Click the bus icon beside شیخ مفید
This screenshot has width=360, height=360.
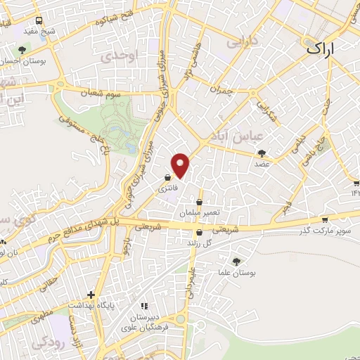coord(38,20)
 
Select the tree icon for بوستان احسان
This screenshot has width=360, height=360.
coord(23,50)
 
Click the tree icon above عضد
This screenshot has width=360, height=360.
coord(262,153)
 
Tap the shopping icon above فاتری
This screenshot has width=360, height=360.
coord(167,178)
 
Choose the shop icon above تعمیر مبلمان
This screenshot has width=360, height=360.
coord(200,202)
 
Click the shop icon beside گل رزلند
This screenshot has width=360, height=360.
coord(200,233)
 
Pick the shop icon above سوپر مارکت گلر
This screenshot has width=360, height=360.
coord(324,219)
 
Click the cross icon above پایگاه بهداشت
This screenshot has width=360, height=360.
coord(89,295)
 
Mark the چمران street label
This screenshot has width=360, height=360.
coord(220,91)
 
